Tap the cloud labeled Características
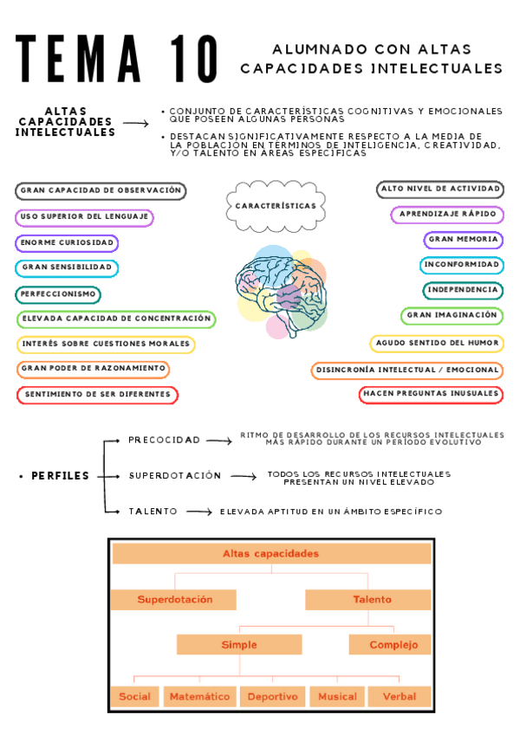[276, 206]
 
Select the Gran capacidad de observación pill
[101, 190]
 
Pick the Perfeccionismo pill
[58, 294]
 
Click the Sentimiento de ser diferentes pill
[97, 395]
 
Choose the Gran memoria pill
[464, 239]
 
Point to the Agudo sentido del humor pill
[437, 344]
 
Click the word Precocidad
[164, 440]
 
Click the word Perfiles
[60, 476]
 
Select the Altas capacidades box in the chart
[271, 554]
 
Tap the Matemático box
[200, 696]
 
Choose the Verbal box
[399, 696]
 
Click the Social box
[134, 696]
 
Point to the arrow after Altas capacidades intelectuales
[136, 124]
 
